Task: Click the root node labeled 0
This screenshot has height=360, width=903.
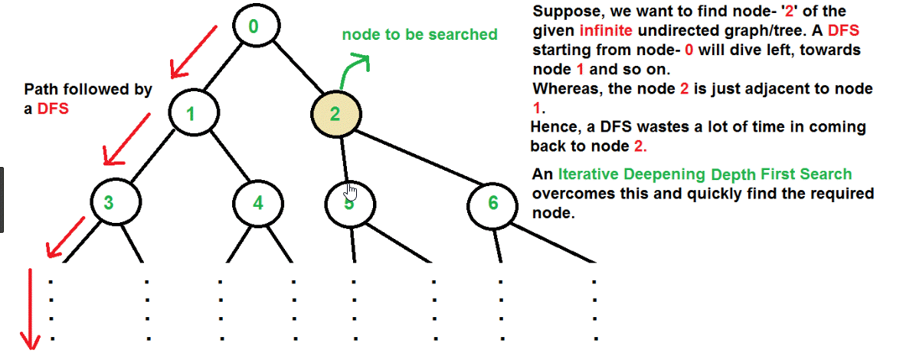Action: pyautogui.click(x=254, y=27)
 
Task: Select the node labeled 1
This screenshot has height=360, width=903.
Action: pyautogui.click(x=190, y=115)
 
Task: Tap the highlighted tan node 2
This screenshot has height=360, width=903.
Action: pyautogui.click(x=335, y=115)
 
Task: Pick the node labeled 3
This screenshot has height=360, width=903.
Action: pyautogui.click(x=109, y=203)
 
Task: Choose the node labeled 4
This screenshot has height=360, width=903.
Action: pyautogui.click(x=258, y=203)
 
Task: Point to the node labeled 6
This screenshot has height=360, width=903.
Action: pyautogui.click(x=492, y=203)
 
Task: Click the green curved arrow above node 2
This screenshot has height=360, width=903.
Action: pyautogui.click(x=353, y=69)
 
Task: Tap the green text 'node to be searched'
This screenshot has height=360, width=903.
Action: pyautogui.click(x=419, y=34)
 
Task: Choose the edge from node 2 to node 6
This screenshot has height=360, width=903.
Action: pyautogui.click(x=417, y=161)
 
